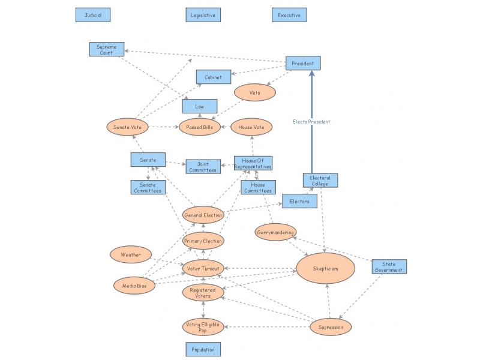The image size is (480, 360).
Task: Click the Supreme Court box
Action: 106,49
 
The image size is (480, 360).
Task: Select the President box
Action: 302,63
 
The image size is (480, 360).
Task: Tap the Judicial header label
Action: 92,14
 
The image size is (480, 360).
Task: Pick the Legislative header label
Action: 203,14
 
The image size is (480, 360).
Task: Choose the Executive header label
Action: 289,14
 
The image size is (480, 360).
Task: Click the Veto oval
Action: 254,92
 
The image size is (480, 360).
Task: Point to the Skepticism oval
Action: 325,268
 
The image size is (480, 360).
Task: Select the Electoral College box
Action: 320,181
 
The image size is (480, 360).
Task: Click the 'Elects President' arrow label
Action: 311,122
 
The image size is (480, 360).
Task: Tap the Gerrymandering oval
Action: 275,232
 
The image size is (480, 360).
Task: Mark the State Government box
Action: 389,267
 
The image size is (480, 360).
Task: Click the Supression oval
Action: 330,326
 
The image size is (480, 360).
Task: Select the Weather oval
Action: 131,254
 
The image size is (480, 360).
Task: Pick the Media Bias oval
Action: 134,286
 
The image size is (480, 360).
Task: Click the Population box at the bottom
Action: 203,349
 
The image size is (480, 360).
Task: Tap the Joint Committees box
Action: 203,167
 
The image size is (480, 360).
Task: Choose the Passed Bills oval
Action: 200,127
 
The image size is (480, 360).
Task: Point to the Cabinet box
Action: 214,77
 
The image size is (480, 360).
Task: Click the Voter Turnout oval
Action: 203,268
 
